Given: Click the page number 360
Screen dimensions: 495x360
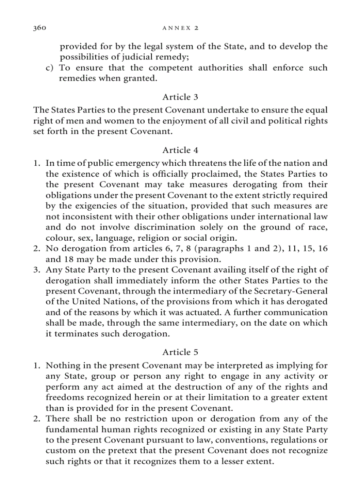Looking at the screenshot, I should (40, 28).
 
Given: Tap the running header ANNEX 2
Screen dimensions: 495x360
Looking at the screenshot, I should (180, 28).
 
